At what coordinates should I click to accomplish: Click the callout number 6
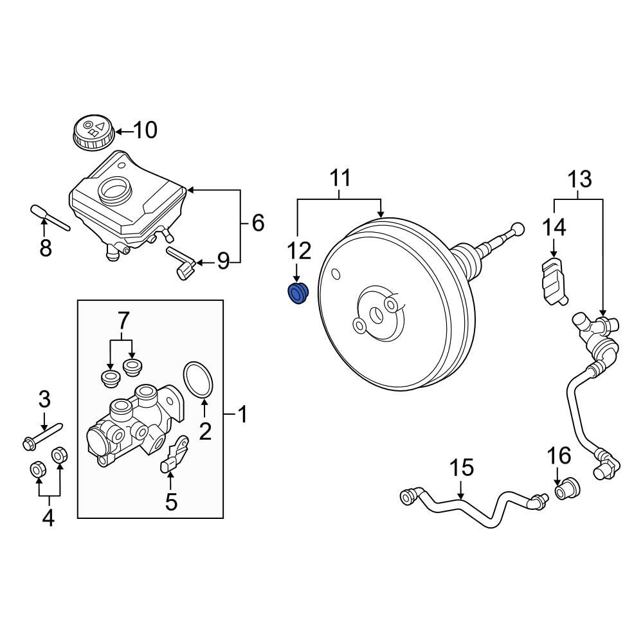pos(257,223)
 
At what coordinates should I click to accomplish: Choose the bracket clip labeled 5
pos(175,454)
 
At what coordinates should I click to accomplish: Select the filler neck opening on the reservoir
pos(114,189)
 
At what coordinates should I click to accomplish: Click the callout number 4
pos(48,518)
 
